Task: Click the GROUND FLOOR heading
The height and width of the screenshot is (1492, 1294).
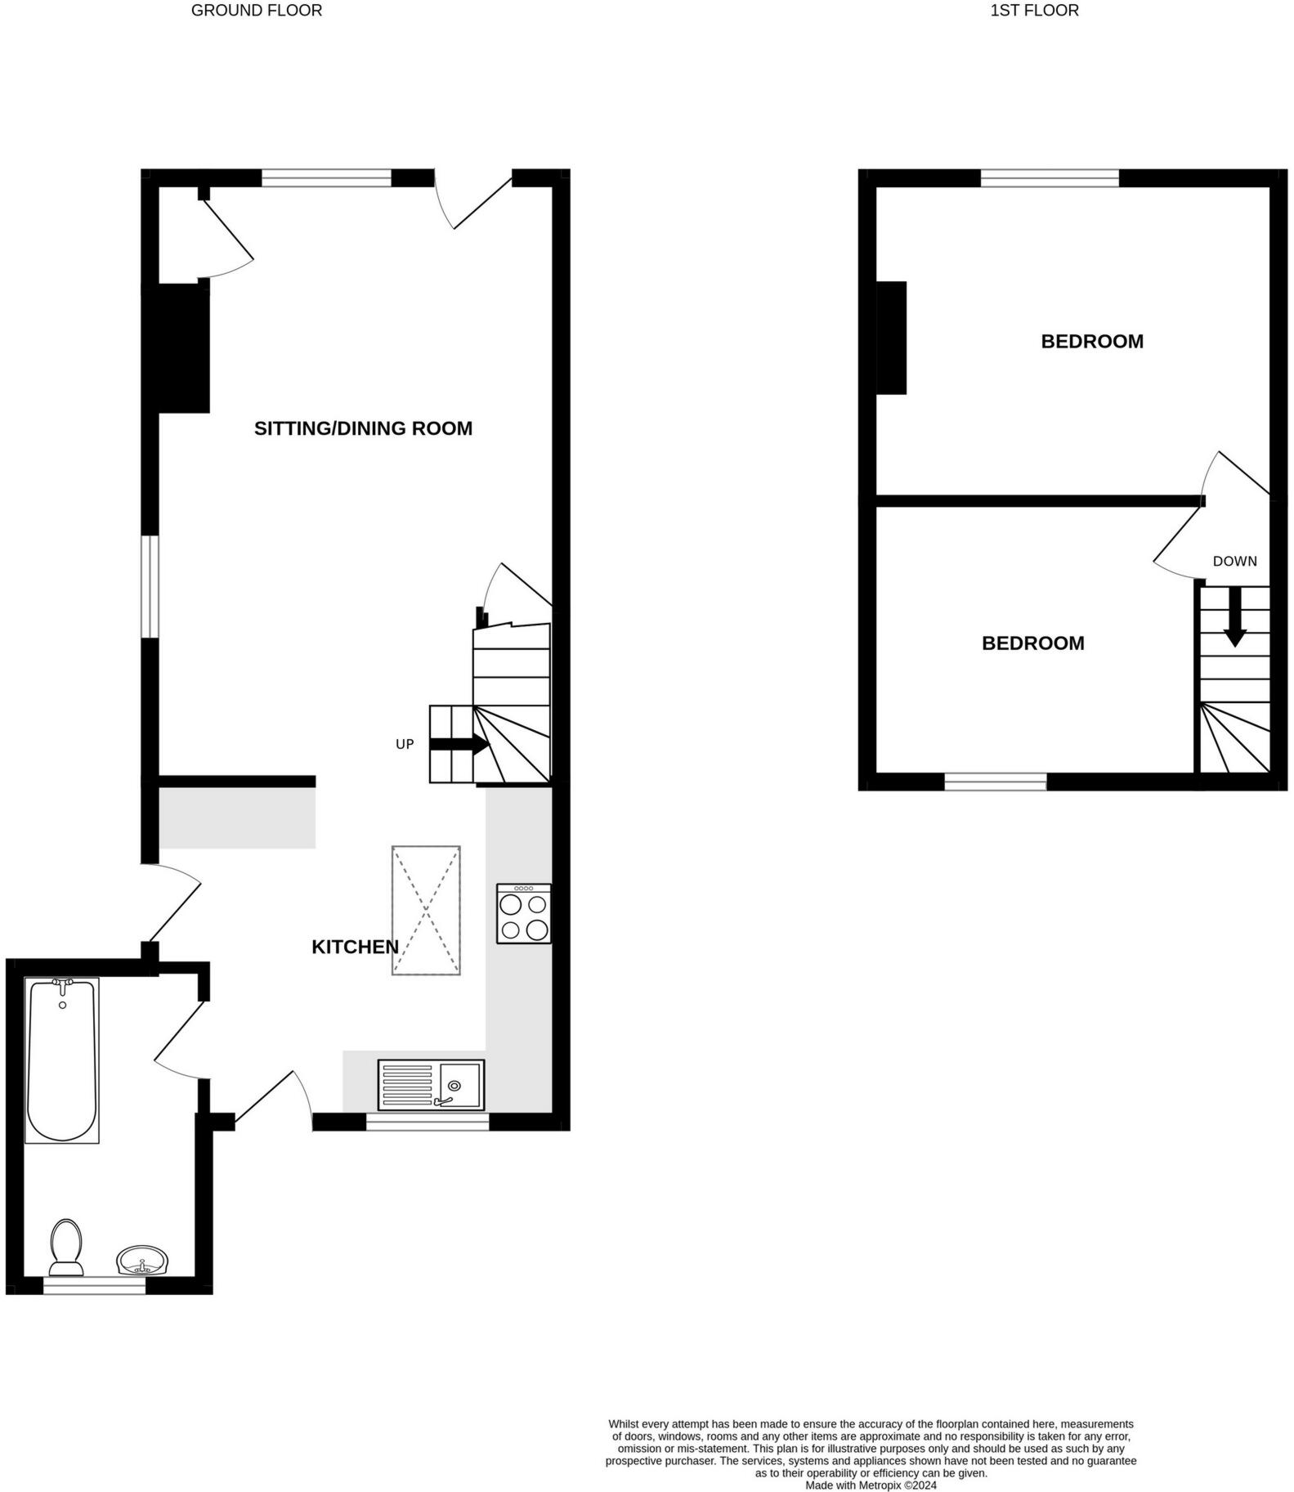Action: pos(256,11)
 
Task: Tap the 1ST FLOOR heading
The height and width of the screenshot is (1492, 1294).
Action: pos(1034,11)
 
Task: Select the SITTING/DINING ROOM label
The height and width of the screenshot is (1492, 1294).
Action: pos(363,428)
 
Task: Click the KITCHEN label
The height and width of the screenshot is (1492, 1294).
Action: pos(355,947)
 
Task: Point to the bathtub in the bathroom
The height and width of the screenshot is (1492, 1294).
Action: pos(62,1060)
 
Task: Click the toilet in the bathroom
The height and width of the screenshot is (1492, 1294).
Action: pos(66,1248)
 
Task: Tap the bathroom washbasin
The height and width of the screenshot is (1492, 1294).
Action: pos(142,1260)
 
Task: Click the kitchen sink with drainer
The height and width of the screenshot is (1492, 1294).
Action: pos(431,1084)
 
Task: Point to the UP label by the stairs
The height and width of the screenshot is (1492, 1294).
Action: pos(405,744)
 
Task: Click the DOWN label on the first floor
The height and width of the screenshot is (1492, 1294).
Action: pos(1234,561)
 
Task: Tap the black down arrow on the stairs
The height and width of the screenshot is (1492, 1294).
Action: pos(1234,617)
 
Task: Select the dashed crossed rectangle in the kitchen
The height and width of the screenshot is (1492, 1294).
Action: pos(426,910)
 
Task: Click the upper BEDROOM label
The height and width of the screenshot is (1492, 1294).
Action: pos(1092,342)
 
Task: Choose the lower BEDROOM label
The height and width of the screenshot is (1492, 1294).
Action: pos(1032,643)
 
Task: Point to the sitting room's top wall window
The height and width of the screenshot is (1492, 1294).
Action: pos(326,178)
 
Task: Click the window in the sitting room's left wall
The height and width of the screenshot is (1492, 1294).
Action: pos(150,586)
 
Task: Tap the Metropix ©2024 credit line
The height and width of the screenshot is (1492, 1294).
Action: pos(871,1485)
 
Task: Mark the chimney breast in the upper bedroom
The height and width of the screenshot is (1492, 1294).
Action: pos(892,338)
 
